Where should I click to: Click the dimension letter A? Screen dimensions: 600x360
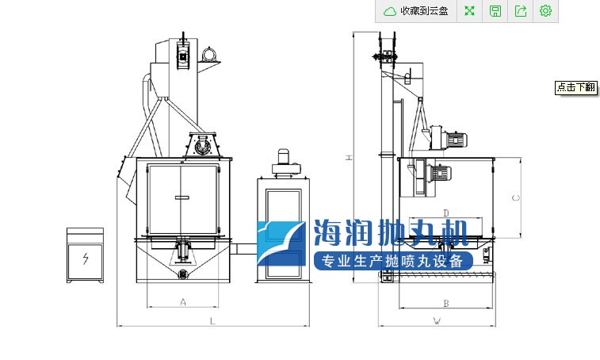[183, 302]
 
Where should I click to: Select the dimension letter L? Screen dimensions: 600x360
[212, 321]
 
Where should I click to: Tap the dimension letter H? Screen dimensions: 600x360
[349, 157]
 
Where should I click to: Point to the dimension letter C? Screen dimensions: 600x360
[516, 197]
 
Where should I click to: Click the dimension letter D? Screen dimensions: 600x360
[445, 213]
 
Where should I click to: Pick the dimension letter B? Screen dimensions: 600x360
[445, 304]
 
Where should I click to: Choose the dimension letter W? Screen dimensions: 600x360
[437, 321]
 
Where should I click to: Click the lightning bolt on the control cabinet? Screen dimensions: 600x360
[86, 259]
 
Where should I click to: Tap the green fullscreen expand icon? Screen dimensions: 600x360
[469, 11]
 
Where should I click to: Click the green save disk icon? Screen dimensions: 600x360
[495, 11]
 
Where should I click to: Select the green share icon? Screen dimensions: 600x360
[521, 11]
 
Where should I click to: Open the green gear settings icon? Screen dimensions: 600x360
[545, 11]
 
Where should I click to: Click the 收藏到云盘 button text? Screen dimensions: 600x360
[424, 11]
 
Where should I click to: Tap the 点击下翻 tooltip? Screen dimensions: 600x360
[576, 87]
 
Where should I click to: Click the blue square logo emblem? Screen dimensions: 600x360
[281, 243]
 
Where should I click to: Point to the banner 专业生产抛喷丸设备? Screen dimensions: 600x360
[393, 261]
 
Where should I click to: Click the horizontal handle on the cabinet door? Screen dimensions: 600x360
[182, 197]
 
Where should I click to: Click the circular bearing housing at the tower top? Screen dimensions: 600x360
[209, 54]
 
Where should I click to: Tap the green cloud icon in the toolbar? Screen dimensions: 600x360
[390, 11]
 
